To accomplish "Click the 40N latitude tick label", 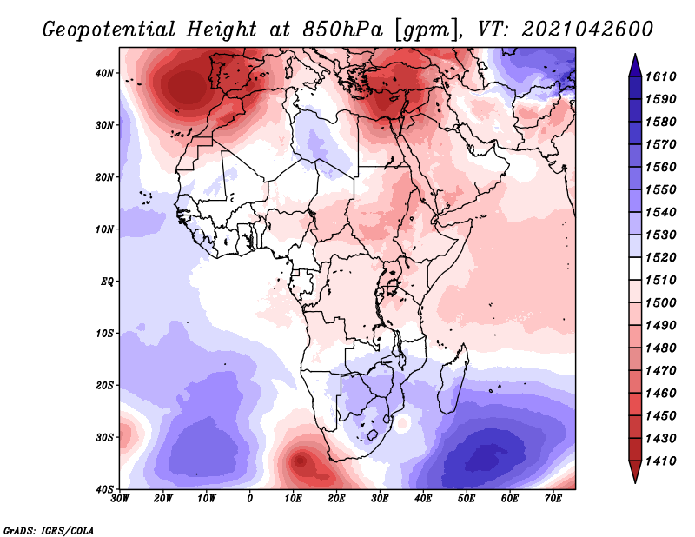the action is (x=104, y=73).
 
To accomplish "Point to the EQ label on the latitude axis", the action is (x=107, y=282).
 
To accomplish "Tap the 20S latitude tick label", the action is (x=105, y=385).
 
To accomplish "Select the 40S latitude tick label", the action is (x=105, y=489).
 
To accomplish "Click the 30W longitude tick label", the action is (x=120, y=499).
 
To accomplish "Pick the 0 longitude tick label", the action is (x=250, y=499).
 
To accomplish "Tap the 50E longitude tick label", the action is (x=467, y=499).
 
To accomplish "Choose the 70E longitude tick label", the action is (x=553, y=499).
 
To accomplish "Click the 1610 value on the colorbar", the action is (x=660, y=76).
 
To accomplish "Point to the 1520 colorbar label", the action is (x=660, y=257).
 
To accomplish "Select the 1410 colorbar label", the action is (x=660, y=461).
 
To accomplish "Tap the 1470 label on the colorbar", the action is (x=660, y=371).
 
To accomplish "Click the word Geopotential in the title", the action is (x=109, y=30).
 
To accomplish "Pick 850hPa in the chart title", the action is (x=342, y=30).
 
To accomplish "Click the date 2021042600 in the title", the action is (x=587, y=30).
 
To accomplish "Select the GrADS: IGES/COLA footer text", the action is (x=49, y=530).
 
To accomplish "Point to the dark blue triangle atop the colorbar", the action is (x=635, y=66).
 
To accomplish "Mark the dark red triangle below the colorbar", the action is (x=635, y=472).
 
